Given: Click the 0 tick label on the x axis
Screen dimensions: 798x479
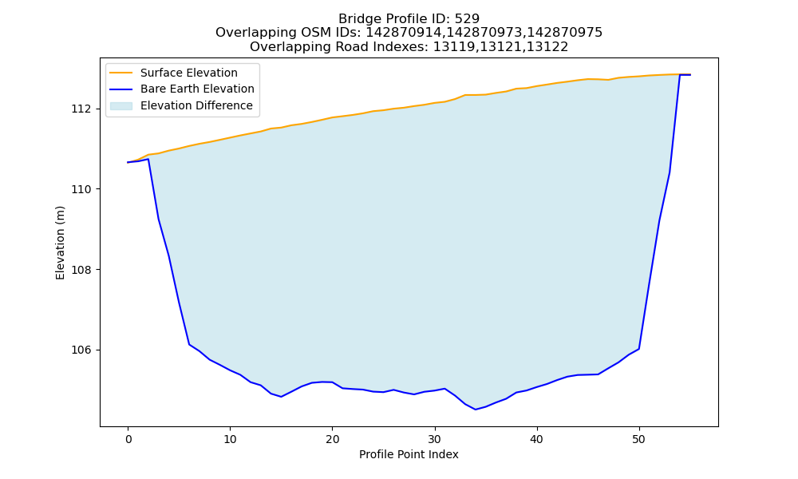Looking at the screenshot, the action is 128,439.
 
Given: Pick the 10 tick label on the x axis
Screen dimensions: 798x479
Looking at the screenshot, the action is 230,439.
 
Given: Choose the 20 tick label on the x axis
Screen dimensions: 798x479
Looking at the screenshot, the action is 332,439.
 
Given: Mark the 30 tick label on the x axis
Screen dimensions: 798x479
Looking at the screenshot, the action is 435,439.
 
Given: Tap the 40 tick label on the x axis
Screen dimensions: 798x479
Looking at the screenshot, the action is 537,439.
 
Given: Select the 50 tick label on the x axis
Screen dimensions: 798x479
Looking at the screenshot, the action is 639,439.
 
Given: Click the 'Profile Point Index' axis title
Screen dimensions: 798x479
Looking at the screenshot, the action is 409,454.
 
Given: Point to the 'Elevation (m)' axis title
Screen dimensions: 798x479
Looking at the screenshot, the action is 60,243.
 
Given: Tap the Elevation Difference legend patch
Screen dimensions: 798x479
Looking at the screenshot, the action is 121,106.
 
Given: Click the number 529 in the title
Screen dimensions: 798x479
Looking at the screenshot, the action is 468,19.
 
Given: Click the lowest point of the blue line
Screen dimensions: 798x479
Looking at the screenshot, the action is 476,410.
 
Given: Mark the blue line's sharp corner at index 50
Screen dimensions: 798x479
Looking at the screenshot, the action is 639,349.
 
